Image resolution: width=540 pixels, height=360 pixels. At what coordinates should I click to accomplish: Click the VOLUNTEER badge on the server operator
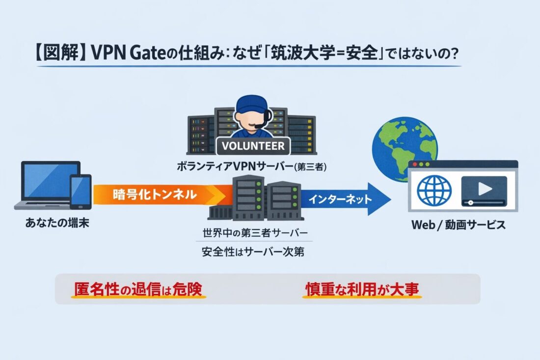pyautogui.click(x=253, y=146)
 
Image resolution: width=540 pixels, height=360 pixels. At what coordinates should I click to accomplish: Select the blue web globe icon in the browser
pyautogui.click(x=434, y=190)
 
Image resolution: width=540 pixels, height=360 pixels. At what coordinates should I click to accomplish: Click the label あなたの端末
pyautogui.click(x=53, y=225)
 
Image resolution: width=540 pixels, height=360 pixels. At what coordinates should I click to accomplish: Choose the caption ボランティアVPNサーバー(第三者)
pyautogui.click(x=251, y=167)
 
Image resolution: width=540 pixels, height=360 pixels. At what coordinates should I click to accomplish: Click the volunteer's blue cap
pyautogui.click(x=251, y=105)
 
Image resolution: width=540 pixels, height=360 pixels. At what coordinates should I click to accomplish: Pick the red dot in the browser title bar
pyautogui.click(x=415, y=164)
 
